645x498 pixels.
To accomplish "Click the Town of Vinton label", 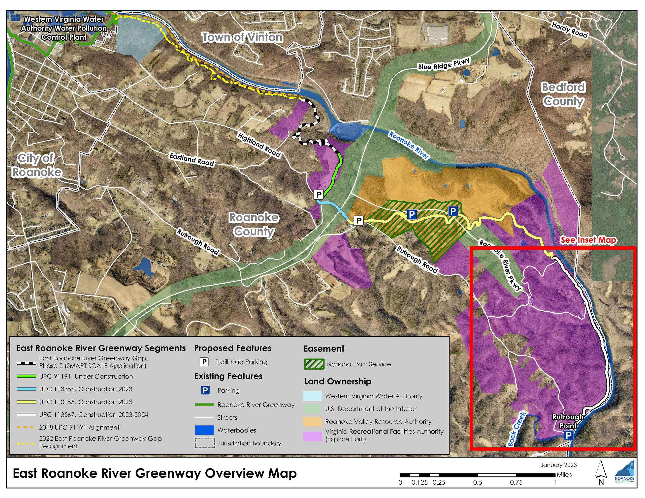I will pos(242,37).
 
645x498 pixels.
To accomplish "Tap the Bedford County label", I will pos(563,94).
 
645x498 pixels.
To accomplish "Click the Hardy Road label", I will pos(569,30).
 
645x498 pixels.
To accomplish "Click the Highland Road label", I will pos(259,145).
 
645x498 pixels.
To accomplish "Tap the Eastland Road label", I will pos(192,159).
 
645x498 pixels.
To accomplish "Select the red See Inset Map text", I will pos(588,240).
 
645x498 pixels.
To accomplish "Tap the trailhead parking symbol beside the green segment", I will pos(319,194).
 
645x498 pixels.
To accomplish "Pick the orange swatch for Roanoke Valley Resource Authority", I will pos(312,422).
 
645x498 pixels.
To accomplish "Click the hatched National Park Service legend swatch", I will pos(314,364).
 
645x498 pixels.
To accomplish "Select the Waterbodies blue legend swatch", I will pos(204,430).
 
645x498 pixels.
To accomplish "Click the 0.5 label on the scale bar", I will pos(477,483).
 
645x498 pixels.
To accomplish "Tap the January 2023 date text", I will pos(558,465).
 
